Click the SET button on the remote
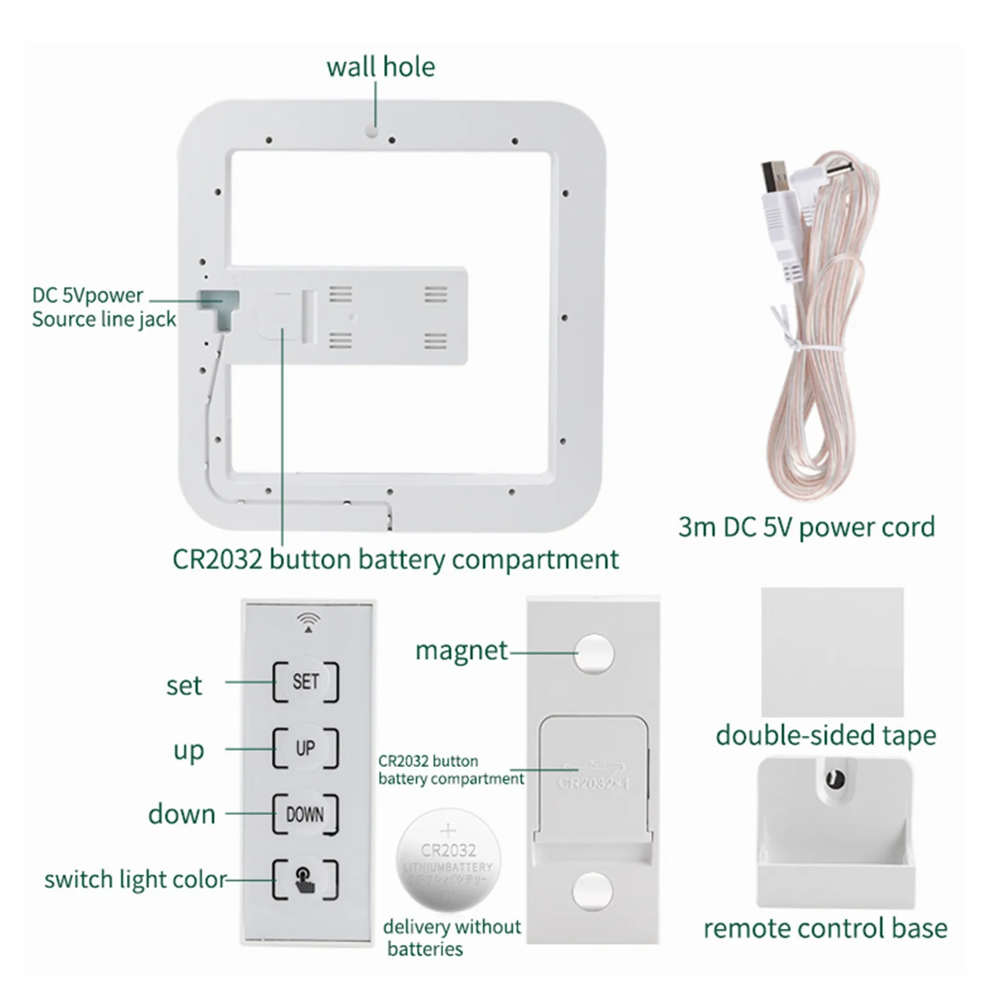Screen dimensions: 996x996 coord(305,682)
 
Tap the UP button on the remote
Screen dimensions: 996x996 coord(305,748)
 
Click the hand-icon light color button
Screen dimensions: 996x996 coord(305,879)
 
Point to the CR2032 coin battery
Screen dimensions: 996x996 coord(448,860)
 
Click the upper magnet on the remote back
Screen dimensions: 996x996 coord(593,654)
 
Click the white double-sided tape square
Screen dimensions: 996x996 coord(832,651)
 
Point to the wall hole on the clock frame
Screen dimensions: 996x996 coord(372,132)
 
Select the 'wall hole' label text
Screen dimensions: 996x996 coord(380,67)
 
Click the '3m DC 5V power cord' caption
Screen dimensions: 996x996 coord(806,527)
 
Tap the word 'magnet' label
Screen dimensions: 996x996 coord(461,651)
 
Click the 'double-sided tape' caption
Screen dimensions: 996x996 coord(825,735)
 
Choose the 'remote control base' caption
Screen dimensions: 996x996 coord(825,928)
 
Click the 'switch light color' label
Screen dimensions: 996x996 coord(135,880)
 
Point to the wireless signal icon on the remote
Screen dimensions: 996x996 coord(308,621)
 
